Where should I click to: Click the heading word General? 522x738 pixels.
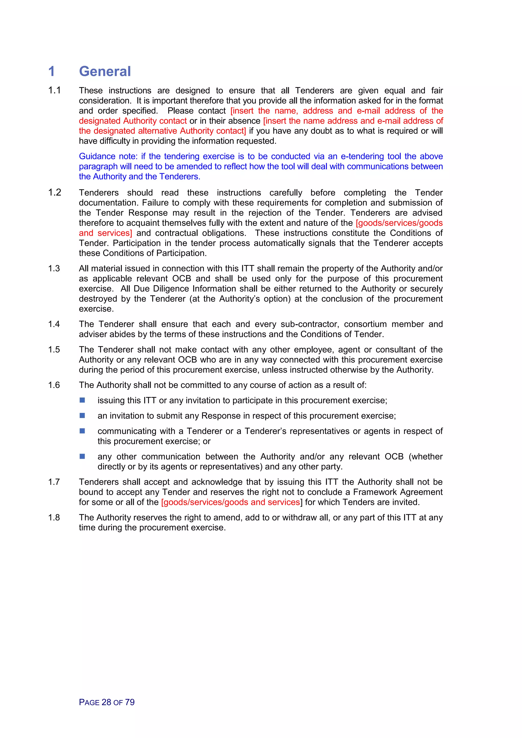coord(105,71)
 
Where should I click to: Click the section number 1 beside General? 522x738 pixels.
coord(52,71)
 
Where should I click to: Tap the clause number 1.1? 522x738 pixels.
coord(54,90)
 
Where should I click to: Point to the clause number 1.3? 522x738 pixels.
coord(54,268)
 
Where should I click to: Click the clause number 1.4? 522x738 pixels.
coord(54,324)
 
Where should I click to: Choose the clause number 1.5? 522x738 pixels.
coord(54,349)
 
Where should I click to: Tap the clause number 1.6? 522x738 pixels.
coord(54,385)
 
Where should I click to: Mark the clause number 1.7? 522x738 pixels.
coord(54,482)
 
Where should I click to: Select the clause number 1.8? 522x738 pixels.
coord(54,518)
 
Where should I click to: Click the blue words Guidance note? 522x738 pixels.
coord(108,156)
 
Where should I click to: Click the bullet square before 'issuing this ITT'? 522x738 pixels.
coord(82,400)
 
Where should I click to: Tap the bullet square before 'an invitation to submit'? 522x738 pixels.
coord(82,416)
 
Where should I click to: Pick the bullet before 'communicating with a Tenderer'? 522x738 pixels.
coord(82,431)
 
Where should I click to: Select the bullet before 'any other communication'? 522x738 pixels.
coord(82,456)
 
